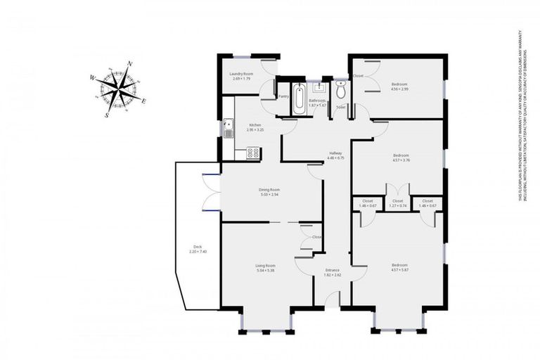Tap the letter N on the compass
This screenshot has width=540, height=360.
coord(130,65)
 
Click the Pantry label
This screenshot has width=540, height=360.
coord(284,96)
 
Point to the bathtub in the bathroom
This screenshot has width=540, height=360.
coord(300,100)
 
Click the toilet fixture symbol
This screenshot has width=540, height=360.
coord(340,91)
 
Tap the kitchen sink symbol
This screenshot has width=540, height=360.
coord(228,129)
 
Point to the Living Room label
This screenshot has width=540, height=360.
coord(270,265)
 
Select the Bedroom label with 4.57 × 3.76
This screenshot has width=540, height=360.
coord(401,155)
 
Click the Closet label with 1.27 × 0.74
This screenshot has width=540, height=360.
coord(398,201)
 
